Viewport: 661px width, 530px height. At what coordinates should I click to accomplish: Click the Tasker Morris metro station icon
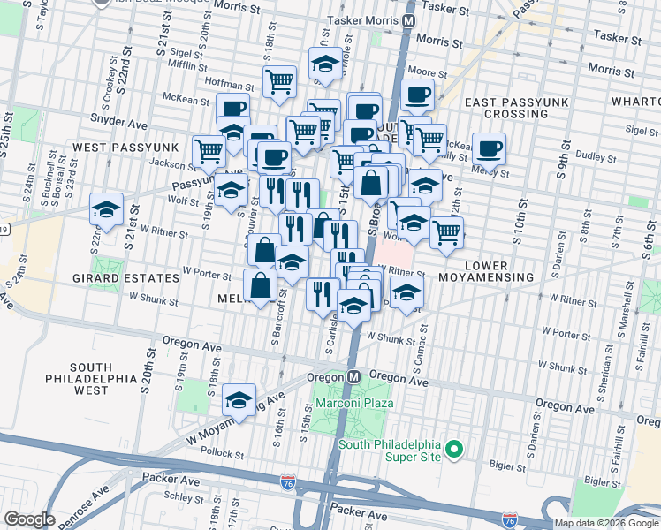pyautogui.click(x=409, y=19)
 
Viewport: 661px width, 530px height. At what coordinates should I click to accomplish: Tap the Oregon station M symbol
pyautogui.click(x=353, y=376)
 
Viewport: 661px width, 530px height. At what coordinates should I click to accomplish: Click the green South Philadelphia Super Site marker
pyautogui.click(x=454, y=450)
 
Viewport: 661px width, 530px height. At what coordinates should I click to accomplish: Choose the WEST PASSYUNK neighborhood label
pyautogui.click(x=125, y=146)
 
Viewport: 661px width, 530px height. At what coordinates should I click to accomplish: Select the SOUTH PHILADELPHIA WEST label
pyautogui.click(x=91, y=378)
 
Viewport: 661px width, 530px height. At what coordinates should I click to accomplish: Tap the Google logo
pyautogui.click(x=29, y=519)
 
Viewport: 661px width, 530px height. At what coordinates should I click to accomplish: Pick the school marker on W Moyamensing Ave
pyautogui.click(x=239, y=400)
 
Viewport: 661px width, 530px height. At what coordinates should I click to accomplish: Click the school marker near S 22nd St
pyautogui.click(x=106, y=209)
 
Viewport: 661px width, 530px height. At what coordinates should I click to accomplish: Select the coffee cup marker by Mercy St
pyautogui.click(x=488, y=148)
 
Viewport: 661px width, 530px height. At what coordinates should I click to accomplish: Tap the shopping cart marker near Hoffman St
pyautogui.click(x=279, y=81)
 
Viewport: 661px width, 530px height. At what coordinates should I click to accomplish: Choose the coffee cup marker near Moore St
pyautogui.click(x=417, y=95)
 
